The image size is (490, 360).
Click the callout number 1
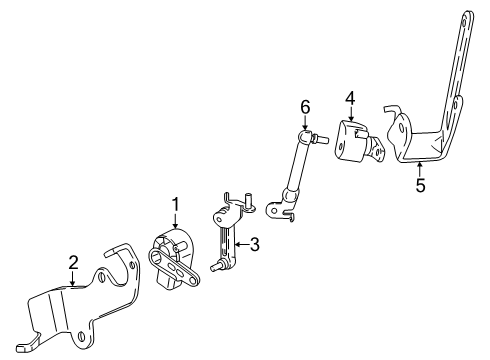pos(176,204)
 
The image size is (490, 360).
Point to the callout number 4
pos(350,97)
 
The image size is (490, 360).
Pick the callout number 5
pos(420,185)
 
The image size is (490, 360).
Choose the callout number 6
pos(306,106)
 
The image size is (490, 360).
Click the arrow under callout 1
pos(176,222)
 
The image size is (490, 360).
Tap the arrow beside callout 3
pos(239,244)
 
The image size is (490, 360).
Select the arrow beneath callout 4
pos(350,114)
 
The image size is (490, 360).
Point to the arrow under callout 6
pos(306,122)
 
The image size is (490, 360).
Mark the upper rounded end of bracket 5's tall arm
pos(468,14)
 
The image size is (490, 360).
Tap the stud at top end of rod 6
pos(326,139)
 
